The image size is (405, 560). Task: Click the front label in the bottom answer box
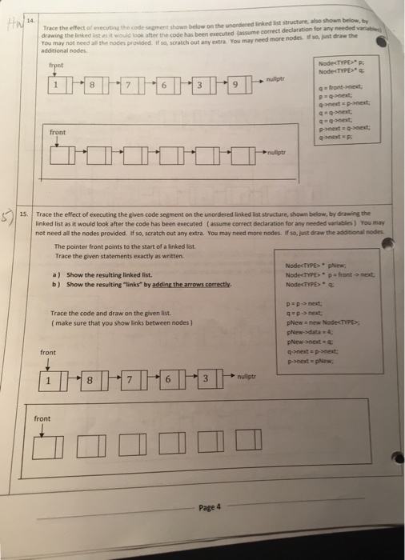[42, 418]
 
